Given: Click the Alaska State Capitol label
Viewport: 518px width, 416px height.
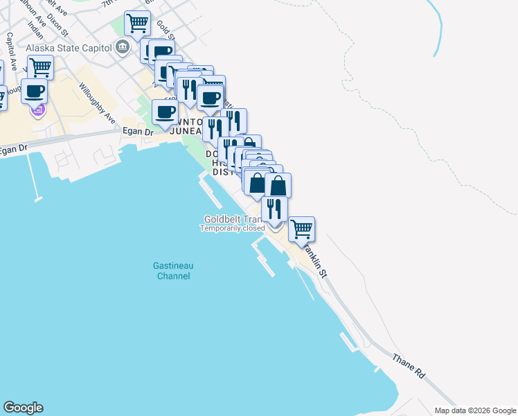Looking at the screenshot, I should [68, 48].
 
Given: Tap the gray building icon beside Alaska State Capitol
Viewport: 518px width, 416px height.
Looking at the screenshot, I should [123, 48].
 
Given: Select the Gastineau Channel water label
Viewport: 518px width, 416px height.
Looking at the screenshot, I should [172, 270].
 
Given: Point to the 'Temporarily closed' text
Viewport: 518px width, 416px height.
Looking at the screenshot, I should [233, 228].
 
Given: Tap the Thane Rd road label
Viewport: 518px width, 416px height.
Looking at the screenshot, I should [408, 365].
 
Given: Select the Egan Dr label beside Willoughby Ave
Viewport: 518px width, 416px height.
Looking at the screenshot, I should [137, 131].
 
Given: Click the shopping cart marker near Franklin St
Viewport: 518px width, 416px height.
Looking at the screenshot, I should [301, 228].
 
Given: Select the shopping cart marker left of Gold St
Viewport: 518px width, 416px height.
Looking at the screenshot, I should [137, 23].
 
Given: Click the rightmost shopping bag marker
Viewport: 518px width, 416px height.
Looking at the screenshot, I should [278, 185].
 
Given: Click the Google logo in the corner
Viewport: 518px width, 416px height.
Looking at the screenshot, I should [23, 408].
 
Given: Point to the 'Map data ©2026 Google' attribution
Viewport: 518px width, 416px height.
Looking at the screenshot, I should [474, 410].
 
